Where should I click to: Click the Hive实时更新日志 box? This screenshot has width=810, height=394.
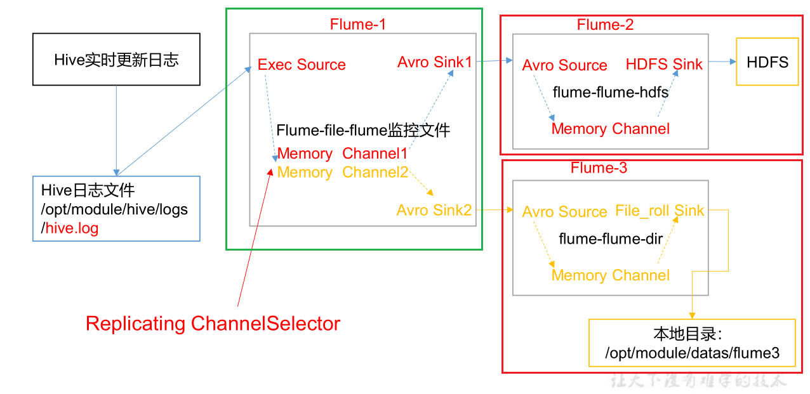click(116, 60)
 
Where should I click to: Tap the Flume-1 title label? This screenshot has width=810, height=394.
click(357, 25)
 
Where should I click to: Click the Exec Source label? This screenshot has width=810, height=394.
click(302, 65)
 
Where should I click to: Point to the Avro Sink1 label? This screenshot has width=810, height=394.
click(435, 62)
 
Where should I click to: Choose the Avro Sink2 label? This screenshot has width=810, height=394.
click(434, 210)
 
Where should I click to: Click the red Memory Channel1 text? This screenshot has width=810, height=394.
click(342, 154)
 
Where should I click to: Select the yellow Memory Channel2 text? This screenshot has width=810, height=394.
click(342, 173)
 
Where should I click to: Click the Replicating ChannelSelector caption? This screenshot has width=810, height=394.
click(213, 324)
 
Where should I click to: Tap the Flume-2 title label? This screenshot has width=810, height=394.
click(605, 25)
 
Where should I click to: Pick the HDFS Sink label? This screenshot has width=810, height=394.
click(664, 64)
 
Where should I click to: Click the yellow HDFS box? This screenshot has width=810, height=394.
click(767, 62)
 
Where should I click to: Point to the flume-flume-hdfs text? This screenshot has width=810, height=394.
click(610, 93)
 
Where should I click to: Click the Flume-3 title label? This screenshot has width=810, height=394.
click(599, 168)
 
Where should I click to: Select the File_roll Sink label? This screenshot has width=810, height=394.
click(660, 211)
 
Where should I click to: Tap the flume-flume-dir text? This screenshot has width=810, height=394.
click(610, 239)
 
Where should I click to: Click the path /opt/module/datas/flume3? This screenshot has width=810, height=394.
click(692, 353)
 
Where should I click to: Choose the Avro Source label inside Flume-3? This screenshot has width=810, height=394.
click(564, 212)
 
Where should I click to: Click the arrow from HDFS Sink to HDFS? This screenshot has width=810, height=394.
click(720, 62)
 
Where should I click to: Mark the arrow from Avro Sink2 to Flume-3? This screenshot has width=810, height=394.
click(494, 209)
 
